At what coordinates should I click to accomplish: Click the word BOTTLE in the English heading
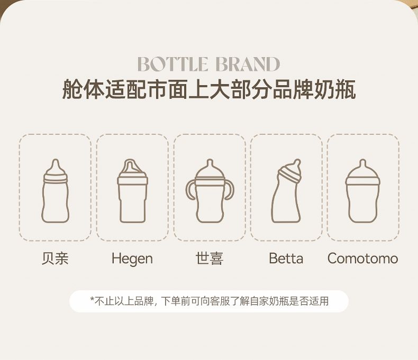(x=172, y=64)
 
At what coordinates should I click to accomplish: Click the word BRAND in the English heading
(x=248, y=64)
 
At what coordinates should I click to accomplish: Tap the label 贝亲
(x=55, y=259)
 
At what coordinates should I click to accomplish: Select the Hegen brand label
(x=132, y=259)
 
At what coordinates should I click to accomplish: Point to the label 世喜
(x=210, y=259)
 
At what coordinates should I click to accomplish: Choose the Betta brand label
(x=286, y=259)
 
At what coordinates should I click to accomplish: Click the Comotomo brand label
(x=363, y=259)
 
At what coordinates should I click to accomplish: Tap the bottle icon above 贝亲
(x=55, y=191)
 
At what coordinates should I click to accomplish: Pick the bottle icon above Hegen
(x=132, y=191)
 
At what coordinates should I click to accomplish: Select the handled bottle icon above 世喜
(x=210, y=191)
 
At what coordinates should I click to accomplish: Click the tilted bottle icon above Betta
(x=286, y=191)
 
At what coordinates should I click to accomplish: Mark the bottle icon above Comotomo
(x=363, y=191)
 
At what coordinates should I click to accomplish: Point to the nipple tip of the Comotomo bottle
(x=362, y=161)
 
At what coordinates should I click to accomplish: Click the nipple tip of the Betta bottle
(x=297, y=161)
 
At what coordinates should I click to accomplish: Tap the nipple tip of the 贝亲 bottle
(x=56, y=161)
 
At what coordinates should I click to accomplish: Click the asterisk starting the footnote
(x=92, y=299)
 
